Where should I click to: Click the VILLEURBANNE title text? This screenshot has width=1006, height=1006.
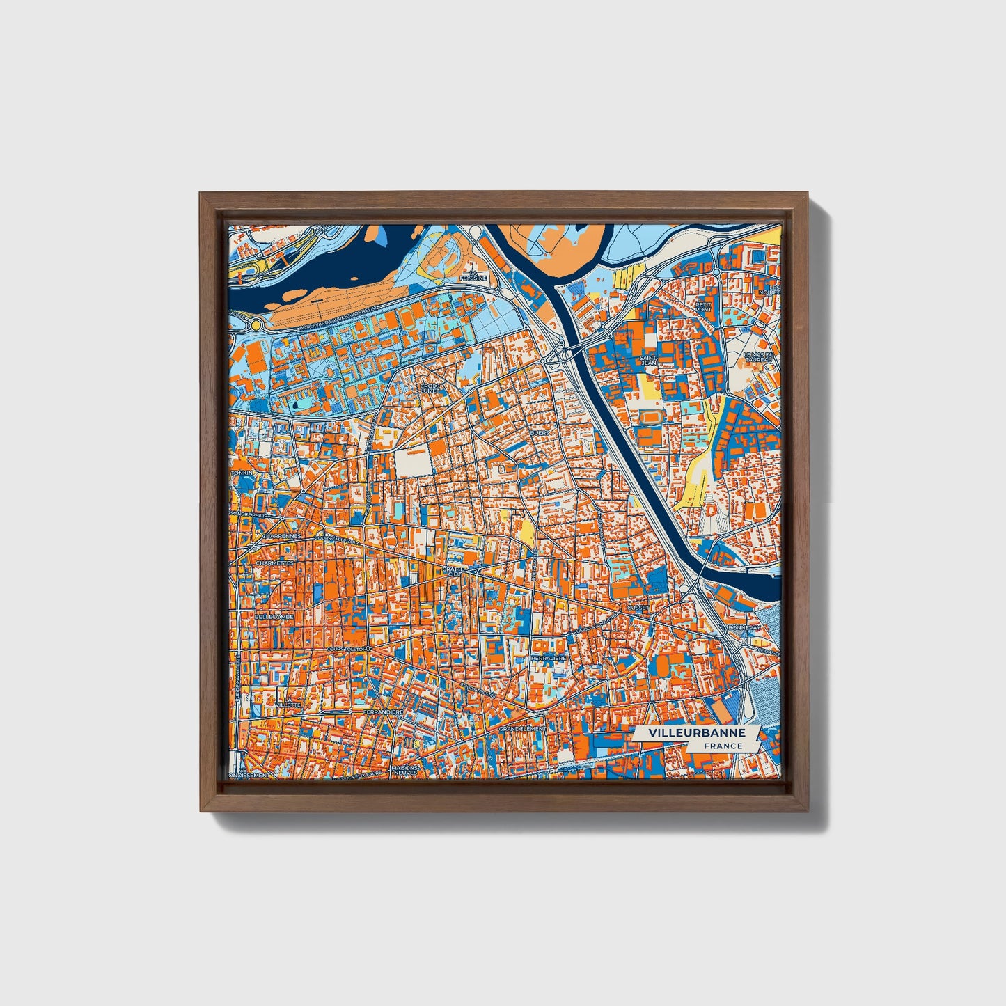[696, 733]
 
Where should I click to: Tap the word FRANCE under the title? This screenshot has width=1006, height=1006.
[723, 746]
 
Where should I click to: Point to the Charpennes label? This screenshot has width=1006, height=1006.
[281, 537]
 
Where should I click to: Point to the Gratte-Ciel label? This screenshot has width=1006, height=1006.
[453, 572]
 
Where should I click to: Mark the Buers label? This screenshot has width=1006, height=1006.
[540, 432]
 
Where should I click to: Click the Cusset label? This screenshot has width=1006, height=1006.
[637, 607]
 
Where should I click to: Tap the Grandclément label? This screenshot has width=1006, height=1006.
[521, 728]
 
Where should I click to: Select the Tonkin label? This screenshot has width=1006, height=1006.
[244, 473]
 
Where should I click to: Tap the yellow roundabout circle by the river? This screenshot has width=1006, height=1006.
[256, 324]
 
